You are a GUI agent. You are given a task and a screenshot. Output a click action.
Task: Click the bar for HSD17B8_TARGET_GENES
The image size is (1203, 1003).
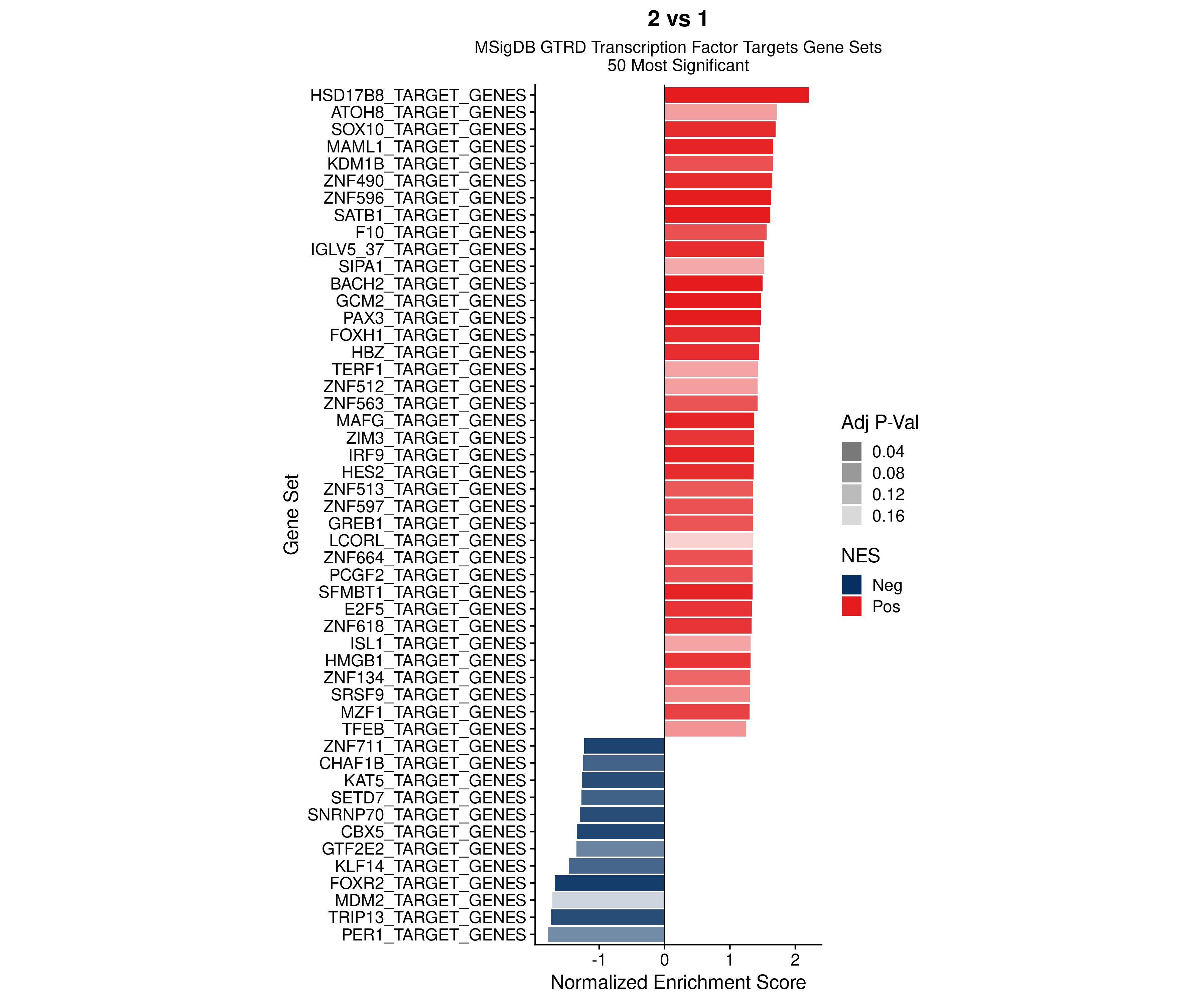coord(736,95)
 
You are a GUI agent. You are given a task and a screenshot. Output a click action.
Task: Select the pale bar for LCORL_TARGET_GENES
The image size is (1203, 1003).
coord(709,541)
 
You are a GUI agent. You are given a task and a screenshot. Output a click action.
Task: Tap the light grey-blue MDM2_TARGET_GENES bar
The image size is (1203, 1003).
coord(609,900)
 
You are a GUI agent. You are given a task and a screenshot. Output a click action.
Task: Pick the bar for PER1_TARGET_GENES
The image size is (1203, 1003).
coord(606,935)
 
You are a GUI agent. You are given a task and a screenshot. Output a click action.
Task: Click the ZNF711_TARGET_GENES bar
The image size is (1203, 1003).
coord(625,746)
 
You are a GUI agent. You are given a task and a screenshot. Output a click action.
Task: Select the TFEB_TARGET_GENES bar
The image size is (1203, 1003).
coord(705,729)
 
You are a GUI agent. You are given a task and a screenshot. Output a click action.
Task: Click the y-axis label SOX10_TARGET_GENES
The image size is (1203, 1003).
coord(428,129)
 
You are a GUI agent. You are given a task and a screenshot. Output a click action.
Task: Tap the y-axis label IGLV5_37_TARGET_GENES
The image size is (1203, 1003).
coord(418,249)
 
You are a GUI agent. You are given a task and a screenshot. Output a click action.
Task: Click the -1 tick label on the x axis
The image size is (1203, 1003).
coord(598,960)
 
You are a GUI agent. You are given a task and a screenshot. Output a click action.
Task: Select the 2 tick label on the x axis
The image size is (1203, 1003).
coord(795,960)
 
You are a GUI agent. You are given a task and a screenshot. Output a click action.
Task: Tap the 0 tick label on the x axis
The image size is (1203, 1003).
coord(665,960)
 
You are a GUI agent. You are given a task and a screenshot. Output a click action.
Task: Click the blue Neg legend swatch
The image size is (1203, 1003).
coord(851,585)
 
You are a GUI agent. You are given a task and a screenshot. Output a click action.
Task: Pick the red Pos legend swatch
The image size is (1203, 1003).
coord(851,606)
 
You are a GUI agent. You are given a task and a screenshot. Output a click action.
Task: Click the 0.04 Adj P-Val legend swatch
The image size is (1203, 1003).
coord(851,452)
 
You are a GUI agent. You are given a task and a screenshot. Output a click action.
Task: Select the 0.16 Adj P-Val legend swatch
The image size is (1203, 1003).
coord(851,516)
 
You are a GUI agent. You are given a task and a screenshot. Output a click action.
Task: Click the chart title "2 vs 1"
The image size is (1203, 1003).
coord(678,19)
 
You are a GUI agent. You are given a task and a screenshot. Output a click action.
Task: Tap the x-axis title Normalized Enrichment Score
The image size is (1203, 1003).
coord(678,982)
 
